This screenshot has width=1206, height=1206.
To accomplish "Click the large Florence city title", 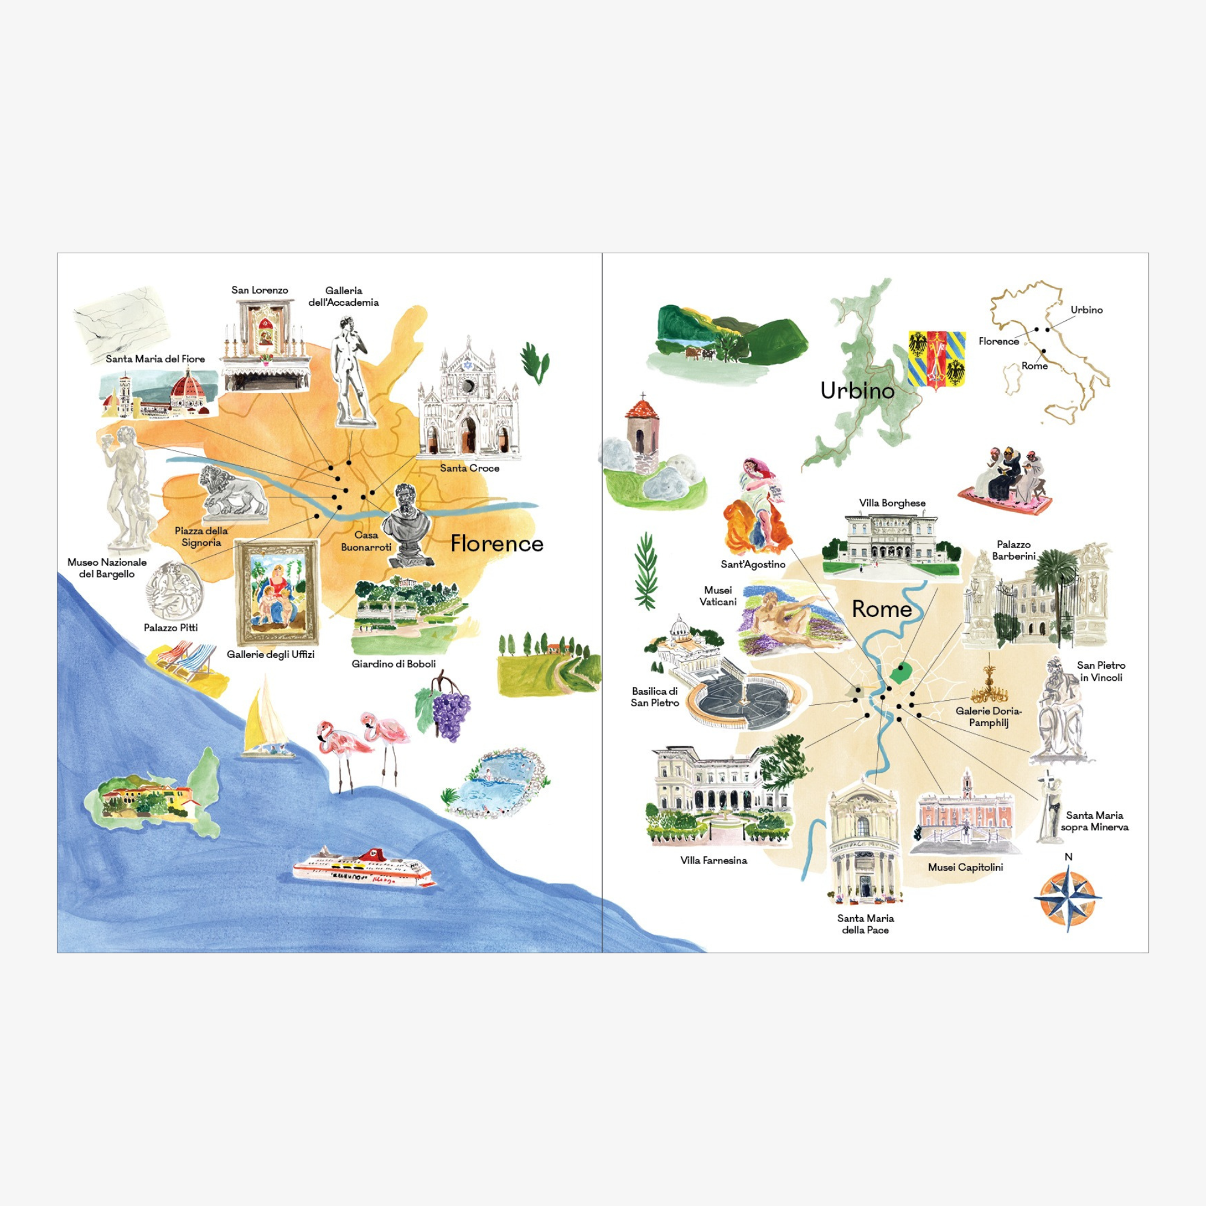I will click(497, 543).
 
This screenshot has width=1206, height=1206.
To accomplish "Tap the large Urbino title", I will click(857, 391).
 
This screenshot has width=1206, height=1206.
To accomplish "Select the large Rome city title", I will click(882, 608).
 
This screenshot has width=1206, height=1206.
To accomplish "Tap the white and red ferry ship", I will click(365, 867).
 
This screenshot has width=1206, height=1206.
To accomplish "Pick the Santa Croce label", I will click(469, 467).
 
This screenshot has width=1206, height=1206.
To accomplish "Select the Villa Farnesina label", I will click(713, 860).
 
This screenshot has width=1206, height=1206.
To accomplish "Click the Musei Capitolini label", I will click(965, 867).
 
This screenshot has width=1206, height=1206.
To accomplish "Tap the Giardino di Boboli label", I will click(393, 663).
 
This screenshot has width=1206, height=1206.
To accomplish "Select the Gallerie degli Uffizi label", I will click(270, 654).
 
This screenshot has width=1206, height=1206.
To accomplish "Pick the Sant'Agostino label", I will click(753, 564).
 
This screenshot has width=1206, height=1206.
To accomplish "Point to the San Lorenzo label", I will click(260, 289).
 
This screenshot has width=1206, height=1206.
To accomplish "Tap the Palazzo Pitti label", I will click(171, 627).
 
